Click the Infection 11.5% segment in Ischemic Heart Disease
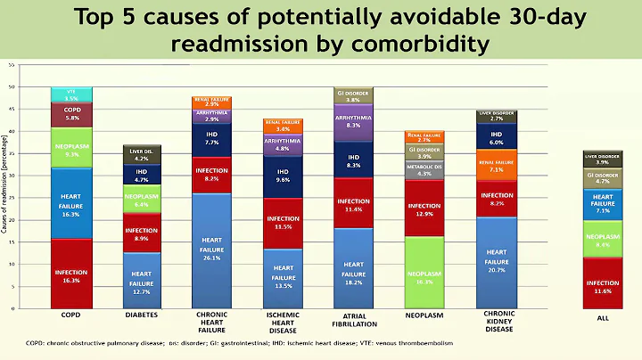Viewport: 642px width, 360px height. (x=282, y=223)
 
